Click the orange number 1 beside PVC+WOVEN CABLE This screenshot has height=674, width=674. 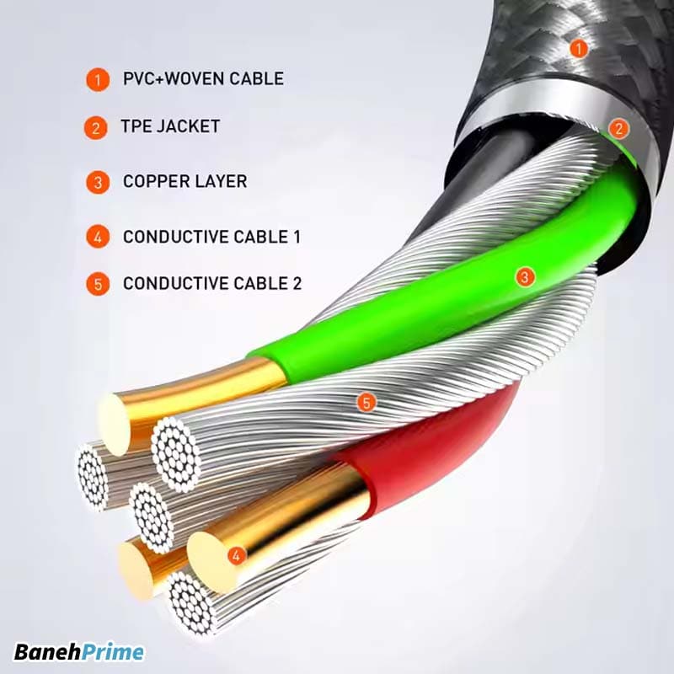click(98, 80)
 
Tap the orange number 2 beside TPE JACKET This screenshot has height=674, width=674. click(96, 128)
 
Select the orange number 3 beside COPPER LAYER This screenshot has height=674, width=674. click(98, 182)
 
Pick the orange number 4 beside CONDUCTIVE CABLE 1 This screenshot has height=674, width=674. click(98, 237)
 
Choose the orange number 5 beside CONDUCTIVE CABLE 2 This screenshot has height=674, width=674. click(98, 284)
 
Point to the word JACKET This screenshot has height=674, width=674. click(191, 126)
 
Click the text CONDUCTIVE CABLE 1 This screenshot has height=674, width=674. click(211, 237)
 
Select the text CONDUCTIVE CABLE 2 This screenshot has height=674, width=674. click(211, 283)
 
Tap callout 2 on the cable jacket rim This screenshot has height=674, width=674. click(619, 129)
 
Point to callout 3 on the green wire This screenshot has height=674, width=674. click(524, 276)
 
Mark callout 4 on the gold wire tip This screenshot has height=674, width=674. click(237, 555)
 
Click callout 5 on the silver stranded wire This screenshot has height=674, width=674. click(365, 403)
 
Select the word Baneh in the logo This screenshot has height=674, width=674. click(48, 652)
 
